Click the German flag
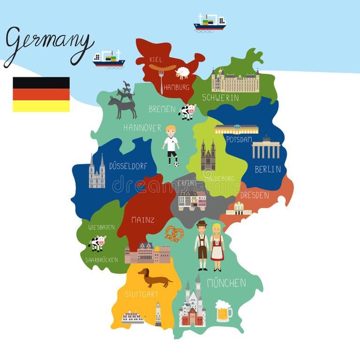click(x=41, y=94)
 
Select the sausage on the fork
click(x=162, y=67)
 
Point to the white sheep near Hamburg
click(x=182, y=73)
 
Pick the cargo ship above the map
click(x=210, y=22)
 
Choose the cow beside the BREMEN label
click(x=187, y=112)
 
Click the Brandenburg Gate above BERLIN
click(x=266, y=148)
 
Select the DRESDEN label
click(x=255, y=195)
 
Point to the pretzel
click(x=174, y=233)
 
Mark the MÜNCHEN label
click(x=226, y=283)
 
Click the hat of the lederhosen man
click(x=202, y=224)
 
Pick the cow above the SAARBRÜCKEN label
click(x=97, y=243)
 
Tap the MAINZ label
click(x=142, y=219)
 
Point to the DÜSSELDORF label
click(x=128, y=165)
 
